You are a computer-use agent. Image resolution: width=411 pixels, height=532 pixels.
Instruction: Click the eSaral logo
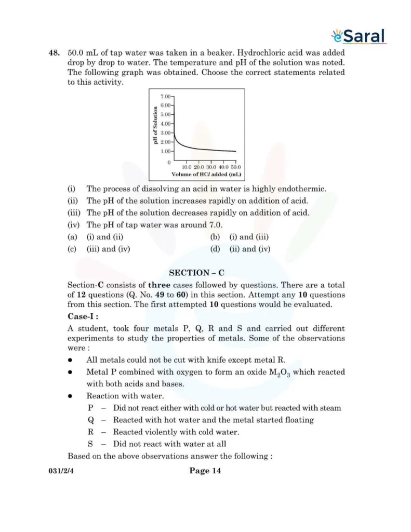pyautogui.click(x=358, y=36)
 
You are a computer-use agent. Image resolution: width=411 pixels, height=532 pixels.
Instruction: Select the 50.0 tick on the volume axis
pyautogui.click(x=235, y=167)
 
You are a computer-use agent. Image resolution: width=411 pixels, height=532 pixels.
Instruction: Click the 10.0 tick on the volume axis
pyautogui.click(x=187, y=167)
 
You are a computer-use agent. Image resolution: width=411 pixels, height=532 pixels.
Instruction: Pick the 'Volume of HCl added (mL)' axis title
pyautogui.click(x=206, y=175)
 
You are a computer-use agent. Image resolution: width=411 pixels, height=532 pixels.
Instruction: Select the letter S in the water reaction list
pyautogui.click(x=90, y=444)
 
